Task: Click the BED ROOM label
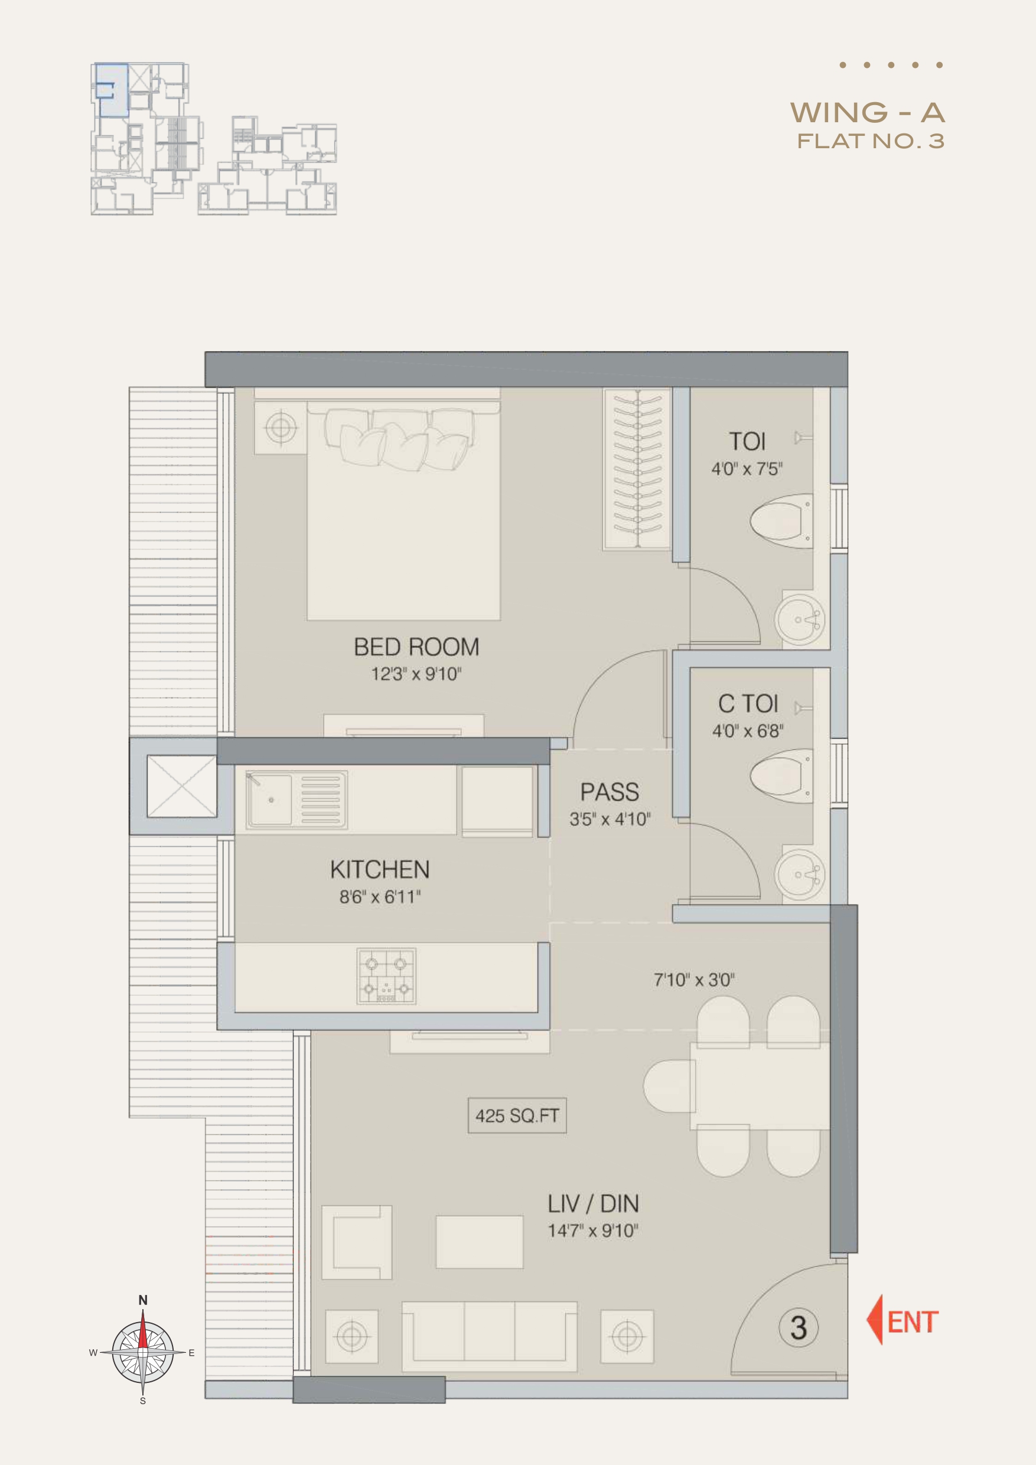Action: (x=416, y=647)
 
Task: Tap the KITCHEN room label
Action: (x=380, y=870)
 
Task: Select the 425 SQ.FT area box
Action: (x=517, y=1115)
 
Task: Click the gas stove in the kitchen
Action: (x=386, y=975)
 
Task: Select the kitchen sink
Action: (x=297, y=800)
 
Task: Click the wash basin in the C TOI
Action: (x=800, y=873)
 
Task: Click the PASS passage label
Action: (x=610, y=792)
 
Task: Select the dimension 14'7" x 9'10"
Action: (x=593, y=1231)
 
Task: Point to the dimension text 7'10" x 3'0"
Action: (x=695, y=980)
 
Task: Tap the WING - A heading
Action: (x=868, y=113)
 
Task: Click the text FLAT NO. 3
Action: (x=871, y=141)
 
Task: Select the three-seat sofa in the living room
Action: (x=490, y=1337)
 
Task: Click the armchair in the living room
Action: (x=357, y=1242)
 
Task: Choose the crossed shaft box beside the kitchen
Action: (x=181, y=786)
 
